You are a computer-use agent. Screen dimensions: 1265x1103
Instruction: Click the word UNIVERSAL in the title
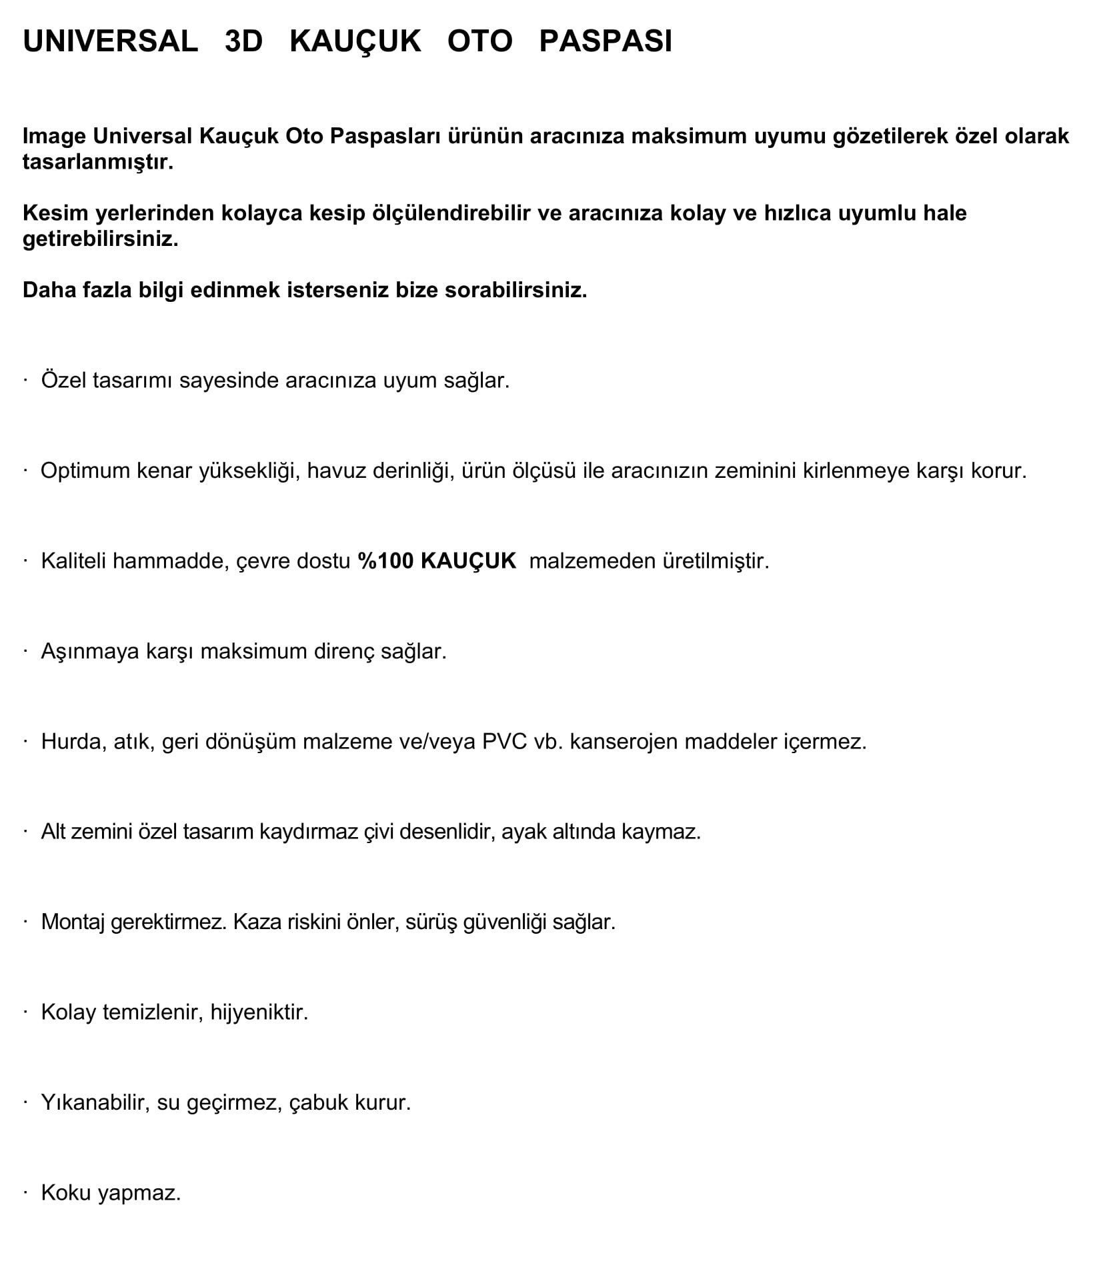pos(110,41)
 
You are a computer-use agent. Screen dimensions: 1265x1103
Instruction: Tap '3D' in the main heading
pos(243,41)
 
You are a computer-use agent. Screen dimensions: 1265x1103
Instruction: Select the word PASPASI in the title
pos(605,41)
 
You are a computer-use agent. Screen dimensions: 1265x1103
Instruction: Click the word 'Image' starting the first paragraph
pos(54,136)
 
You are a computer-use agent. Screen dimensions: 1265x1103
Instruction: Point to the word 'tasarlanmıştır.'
pos(97,162)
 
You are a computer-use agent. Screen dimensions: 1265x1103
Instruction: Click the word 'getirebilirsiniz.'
pos(100,239)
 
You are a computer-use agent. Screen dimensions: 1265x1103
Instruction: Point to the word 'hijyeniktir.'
pos(259,1012)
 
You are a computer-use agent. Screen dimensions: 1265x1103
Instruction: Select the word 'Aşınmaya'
pos(83,651)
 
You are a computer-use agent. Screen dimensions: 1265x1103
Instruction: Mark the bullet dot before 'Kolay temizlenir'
pos(25,1011)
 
